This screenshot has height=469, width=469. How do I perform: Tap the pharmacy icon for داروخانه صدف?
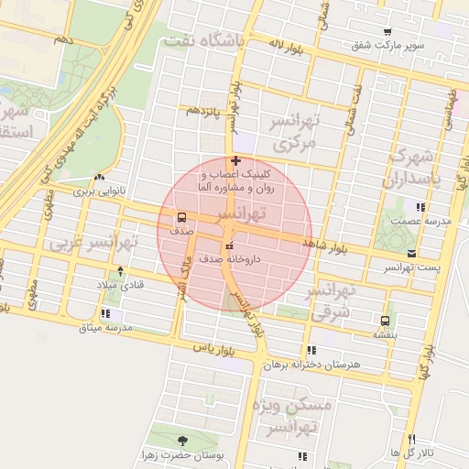[229, 245]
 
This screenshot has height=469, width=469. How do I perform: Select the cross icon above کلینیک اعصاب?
[237, 160]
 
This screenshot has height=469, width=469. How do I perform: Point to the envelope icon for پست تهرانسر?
[410, 253]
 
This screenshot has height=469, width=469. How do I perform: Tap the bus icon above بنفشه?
[384, 321]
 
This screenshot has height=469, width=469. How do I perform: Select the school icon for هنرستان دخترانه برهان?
[312, 350]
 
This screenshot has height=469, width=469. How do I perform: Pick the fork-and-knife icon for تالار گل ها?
[411, 439]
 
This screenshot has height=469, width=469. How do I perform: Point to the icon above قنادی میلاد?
[121, 272]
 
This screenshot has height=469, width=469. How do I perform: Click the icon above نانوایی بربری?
[99, 178]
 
